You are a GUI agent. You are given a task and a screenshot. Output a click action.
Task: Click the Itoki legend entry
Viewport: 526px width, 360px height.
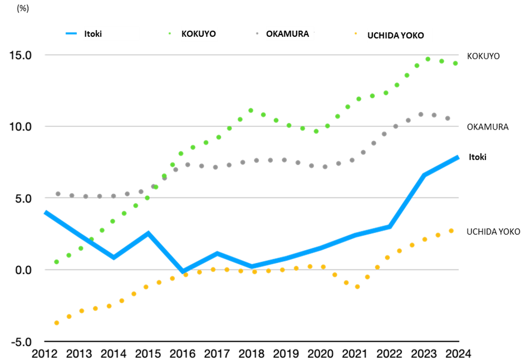pyautogui.click(x=83, y=33)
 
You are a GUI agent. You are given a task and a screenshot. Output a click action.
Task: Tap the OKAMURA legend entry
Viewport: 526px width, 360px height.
pyautogui.click(x=282, y=33)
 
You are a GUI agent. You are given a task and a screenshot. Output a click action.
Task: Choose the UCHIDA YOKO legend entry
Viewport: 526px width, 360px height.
pyautogui.click(x=389, y=35)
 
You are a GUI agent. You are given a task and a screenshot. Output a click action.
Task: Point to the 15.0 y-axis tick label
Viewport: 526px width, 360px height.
pyautogui.click(x=20, y=55)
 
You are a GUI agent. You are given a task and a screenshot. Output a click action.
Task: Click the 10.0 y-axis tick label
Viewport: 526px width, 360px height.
pyautogui.click(x=20, y=127)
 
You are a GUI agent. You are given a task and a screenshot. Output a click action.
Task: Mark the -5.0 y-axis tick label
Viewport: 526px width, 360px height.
pyautogui.click(x=22, y=342)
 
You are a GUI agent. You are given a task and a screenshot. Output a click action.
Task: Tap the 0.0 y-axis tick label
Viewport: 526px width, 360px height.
pyautogui.click(x=23, y=270)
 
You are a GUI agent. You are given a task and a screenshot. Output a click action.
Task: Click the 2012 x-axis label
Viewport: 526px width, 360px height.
pyautogui.click(x=45, y=353)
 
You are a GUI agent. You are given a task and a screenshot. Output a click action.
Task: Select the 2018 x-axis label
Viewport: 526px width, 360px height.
pyautogui.click(x=251, y=353)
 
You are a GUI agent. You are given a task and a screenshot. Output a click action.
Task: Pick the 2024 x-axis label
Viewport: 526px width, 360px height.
pyautogui.click(x=458, y=353)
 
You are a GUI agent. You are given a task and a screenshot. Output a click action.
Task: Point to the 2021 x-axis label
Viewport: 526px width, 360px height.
pyautogui.click(x=355, y=353)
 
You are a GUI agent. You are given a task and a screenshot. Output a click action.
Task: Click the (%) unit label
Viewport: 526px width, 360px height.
pyautogui.click(x=23, y=8)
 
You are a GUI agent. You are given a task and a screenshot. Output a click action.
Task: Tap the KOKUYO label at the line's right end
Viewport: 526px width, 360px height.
pyautogui.click(x=483, y=56)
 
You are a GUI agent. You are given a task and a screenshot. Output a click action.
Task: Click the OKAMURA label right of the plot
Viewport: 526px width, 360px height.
pyautogui.click(x=488, y=127)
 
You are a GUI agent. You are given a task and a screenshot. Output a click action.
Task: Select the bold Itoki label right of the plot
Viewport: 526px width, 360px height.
pyautogui.click(x=478, y=157)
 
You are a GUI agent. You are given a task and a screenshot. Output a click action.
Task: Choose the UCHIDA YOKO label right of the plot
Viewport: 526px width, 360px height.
pyautogui.click(x=493, y=231)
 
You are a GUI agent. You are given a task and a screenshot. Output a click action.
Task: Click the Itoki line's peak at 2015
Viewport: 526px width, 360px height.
pyautogui.click(x=148, y=233)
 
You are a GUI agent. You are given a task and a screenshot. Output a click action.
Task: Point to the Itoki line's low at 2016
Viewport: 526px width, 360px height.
pyautogui.click(x=183, y=271)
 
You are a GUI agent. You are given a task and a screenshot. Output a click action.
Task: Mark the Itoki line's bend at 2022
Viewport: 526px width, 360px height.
pyautogui.click(x=390, y=226)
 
